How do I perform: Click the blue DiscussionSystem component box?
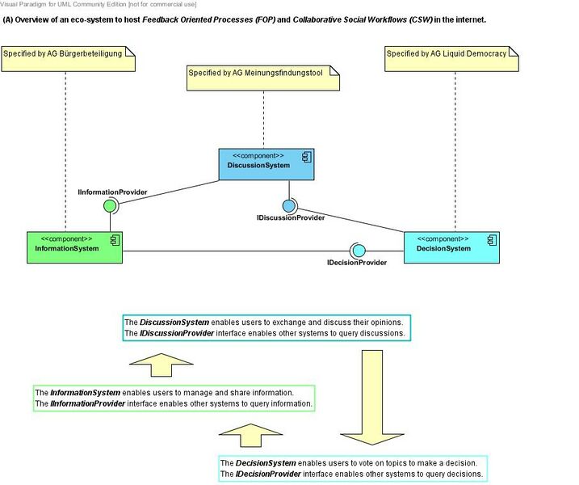coord(266,164)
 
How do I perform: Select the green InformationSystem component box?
coord(73,247)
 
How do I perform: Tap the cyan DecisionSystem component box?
coord(451,247)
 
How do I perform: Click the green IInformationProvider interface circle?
coord(111,206)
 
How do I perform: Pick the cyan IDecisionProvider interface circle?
coord(358,249)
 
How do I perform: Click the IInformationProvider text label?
coord(112,192)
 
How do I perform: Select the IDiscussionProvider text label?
coord(291,218)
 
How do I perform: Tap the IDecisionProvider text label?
coord(357,263)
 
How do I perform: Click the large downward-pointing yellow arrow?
coord(371,396)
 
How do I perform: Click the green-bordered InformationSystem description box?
coord(173,398)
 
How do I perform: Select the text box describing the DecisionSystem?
coord(354,468)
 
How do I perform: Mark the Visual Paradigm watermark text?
coord(99,5)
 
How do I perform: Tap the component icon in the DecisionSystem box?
coord(491,239)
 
